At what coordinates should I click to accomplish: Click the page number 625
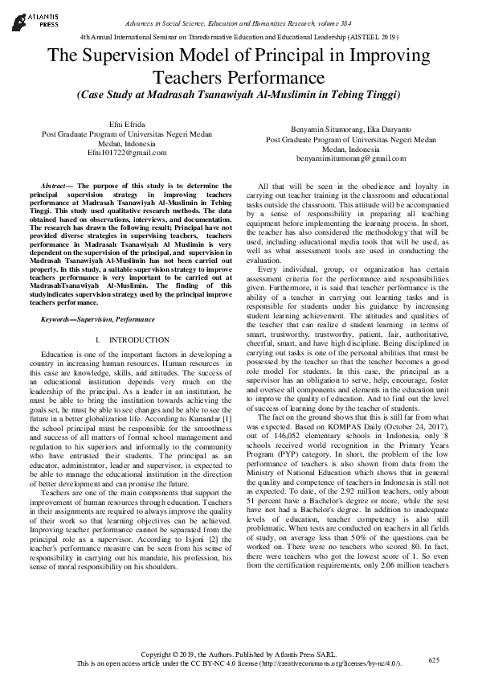(435, 660)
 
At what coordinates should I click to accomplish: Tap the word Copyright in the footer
(158, 655)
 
